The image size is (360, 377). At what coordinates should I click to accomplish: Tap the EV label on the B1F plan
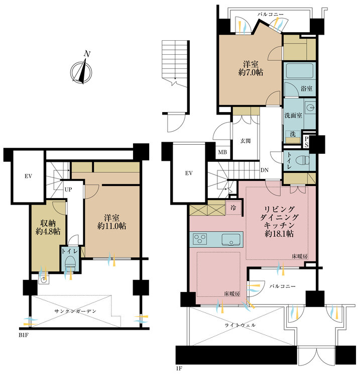[28, 176]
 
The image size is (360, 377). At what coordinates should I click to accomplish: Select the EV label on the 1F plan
[189, 173]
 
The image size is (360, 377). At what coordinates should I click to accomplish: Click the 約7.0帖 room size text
[251, 72]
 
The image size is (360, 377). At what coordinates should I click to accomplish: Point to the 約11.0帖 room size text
[112, 226]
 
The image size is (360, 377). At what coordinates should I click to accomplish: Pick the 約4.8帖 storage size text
[48, 231]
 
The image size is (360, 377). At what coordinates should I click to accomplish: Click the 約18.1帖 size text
[279, 234]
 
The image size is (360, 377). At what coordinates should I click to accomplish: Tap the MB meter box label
[222, 152]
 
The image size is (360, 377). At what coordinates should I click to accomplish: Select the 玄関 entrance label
[246, 141]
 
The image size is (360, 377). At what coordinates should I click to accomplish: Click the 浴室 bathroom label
[307, 88]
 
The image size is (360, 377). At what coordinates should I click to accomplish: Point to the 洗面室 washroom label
[293, 116]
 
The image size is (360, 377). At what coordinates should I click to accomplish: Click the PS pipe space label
[306, 142]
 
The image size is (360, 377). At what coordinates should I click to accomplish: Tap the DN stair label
[265, 170]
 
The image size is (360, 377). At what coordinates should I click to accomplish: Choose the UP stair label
[68, 190]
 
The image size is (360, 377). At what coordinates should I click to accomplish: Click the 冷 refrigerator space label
[233, 208]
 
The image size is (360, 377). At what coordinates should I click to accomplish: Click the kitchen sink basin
[231, 239]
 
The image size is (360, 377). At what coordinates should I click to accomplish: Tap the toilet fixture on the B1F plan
[70, 262]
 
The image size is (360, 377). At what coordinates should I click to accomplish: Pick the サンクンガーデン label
[75, 311]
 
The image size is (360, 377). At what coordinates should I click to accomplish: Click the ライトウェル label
[240, 325]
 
